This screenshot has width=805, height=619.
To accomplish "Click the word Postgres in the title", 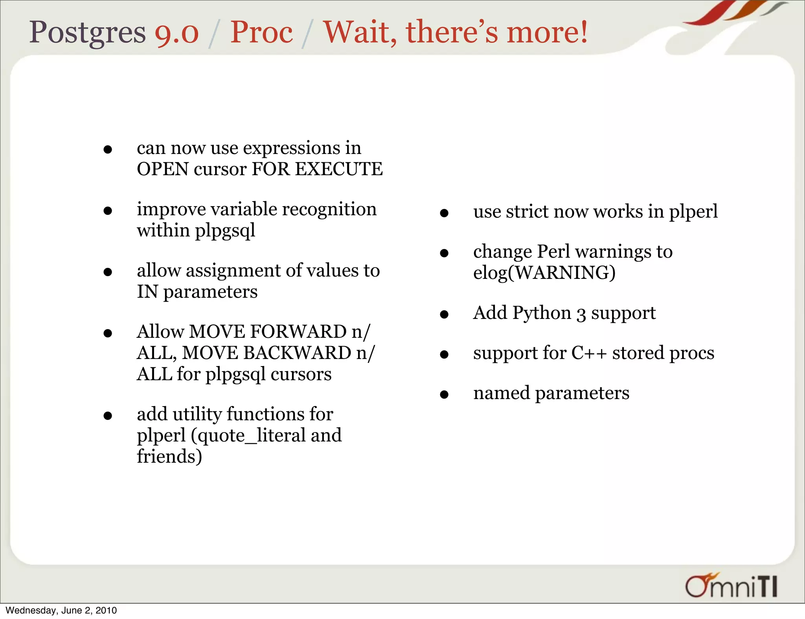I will click(x=87, y=32).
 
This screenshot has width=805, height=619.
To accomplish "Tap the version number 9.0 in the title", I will click(x=176, y=33).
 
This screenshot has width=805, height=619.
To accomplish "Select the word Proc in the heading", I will click(x=261, y=32).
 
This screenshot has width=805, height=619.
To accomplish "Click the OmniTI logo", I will click(x=731, y=586).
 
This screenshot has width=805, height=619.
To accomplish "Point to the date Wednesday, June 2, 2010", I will click(x=61, y=610).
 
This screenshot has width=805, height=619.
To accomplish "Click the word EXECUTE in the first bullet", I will click(x=338, y=169).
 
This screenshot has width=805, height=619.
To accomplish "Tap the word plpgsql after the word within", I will click(x=225, y=231).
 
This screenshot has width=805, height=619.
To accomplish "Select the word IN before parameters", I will click(x=147, y=292).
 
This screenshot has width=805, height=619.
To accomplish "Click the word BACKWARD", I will click(x=297, y=353).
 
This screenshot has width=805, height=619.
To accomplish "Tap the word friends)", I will click(x=169, y=457).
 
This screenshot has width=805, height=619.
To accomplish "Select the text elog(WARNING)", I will click(x=544, y=273).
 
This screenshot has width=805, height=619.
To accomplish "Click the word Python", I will click(x=542, y=313).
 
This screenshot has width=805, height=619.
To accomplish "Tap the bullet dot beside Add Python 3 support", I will click(x=444, y=315).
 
